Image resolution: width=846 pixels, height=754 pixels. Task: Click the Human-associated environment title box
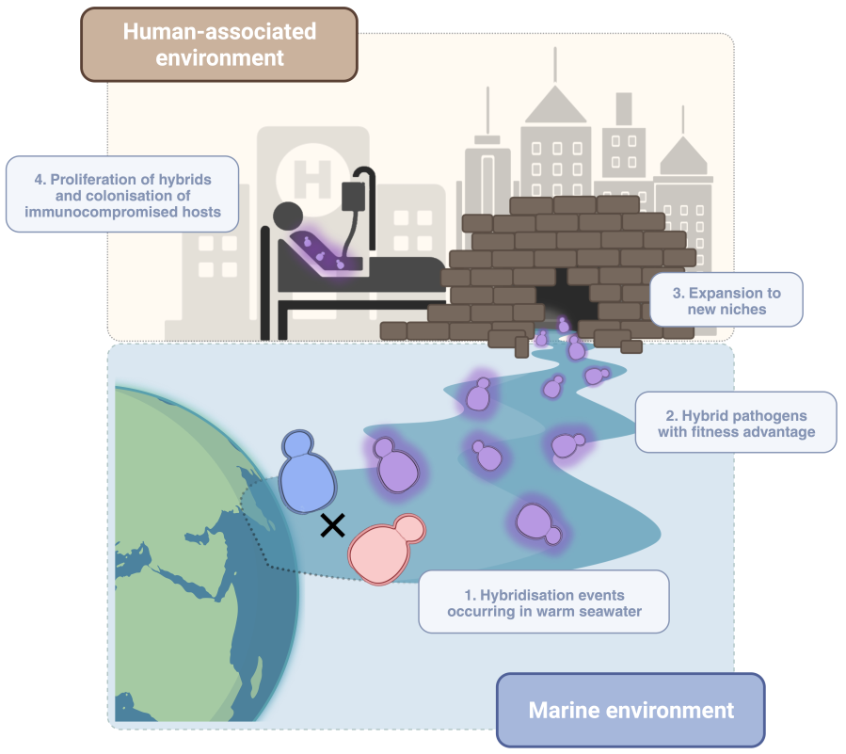pos(218,44)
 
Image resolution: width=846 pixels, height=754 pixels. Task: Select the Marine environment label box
pos(631,709)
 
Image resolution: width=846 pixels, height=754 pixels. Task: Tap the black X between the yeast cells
pos(331,525)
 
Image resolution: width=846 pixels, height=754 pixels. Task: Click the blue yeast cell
pos(308,473)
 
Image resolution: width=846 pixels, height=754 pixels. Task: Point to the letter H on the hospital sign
pos(306,173)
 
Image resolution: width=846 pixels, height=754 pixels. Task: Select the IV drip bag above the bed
pos(353,197)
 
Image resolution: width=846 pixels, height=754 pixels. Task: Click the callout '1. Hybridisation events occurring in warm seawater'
pos(543,602)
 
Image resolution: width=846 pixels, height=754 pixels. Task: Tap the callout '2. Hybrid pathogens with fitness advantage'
pos(736,423)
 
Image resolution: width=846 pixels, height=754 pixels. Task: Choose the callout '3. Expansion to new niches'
pos(726,300)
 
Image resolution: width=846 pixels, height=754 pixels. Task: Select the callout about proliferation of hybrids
pos(121,195)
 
